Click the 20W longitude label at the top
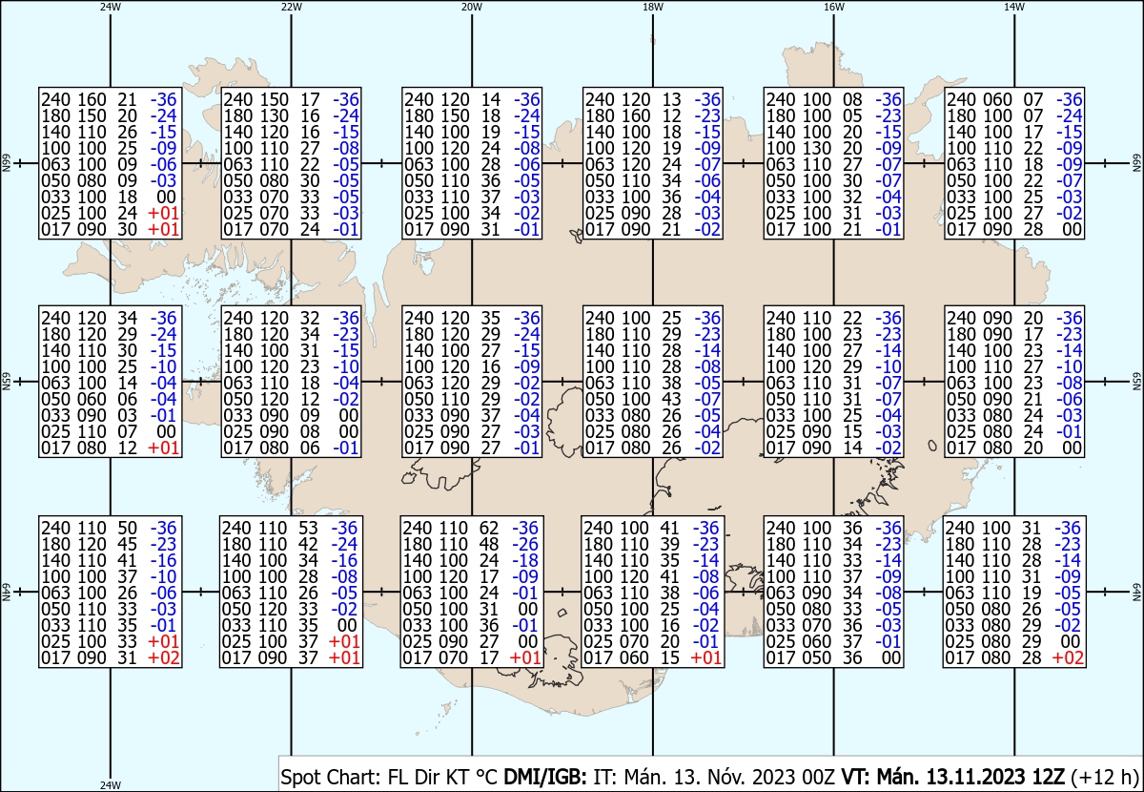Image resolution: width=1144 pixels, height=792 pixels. coord(472,8)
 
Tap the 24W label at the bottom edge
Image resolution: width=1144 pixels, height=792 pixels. coord(111,784)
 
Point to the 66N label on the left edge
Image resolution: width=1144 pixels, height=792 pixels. coord(6,163)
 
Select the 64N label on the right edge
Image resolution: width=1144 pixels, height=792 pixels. coord(1136,592)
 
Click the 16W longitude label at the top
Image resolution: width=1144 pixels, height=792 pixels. coord(834,8)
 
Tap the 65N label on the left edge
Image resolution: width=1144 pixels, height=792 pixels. coord(6,382)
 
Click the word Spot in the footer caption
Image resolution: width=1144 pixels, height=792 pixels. coord(298,777)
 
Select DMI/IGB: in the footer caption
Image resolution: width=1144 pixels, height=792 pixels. coord(545,777)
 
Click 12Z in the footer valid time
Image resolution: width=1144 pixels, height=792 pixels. coord(1048,777)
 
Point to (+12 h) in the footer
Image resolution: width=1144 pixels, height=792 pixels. coord(1104,777)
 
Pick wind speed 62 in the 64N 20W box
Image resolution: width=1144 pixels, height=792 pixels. coord(489,528)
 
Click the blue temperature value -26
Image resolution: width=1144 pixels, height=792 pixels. coord(525,544)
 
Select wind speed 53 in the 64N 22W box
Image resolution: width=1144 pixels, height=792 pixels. coord(308,528)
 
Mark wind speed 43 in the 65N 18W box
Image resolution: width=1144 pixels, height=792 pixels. coord(671,399)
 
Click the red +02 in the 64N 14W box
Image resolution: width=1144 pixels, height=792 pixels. coord(1068,657)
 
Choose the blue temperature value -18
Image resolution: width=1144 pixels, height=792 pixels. coord(525,560)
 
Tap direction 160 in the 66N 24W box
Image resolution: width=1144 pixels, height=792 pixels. coord(92,99)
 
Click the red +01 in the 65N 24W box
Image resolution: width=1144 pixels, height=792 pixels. coord(163,448)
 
